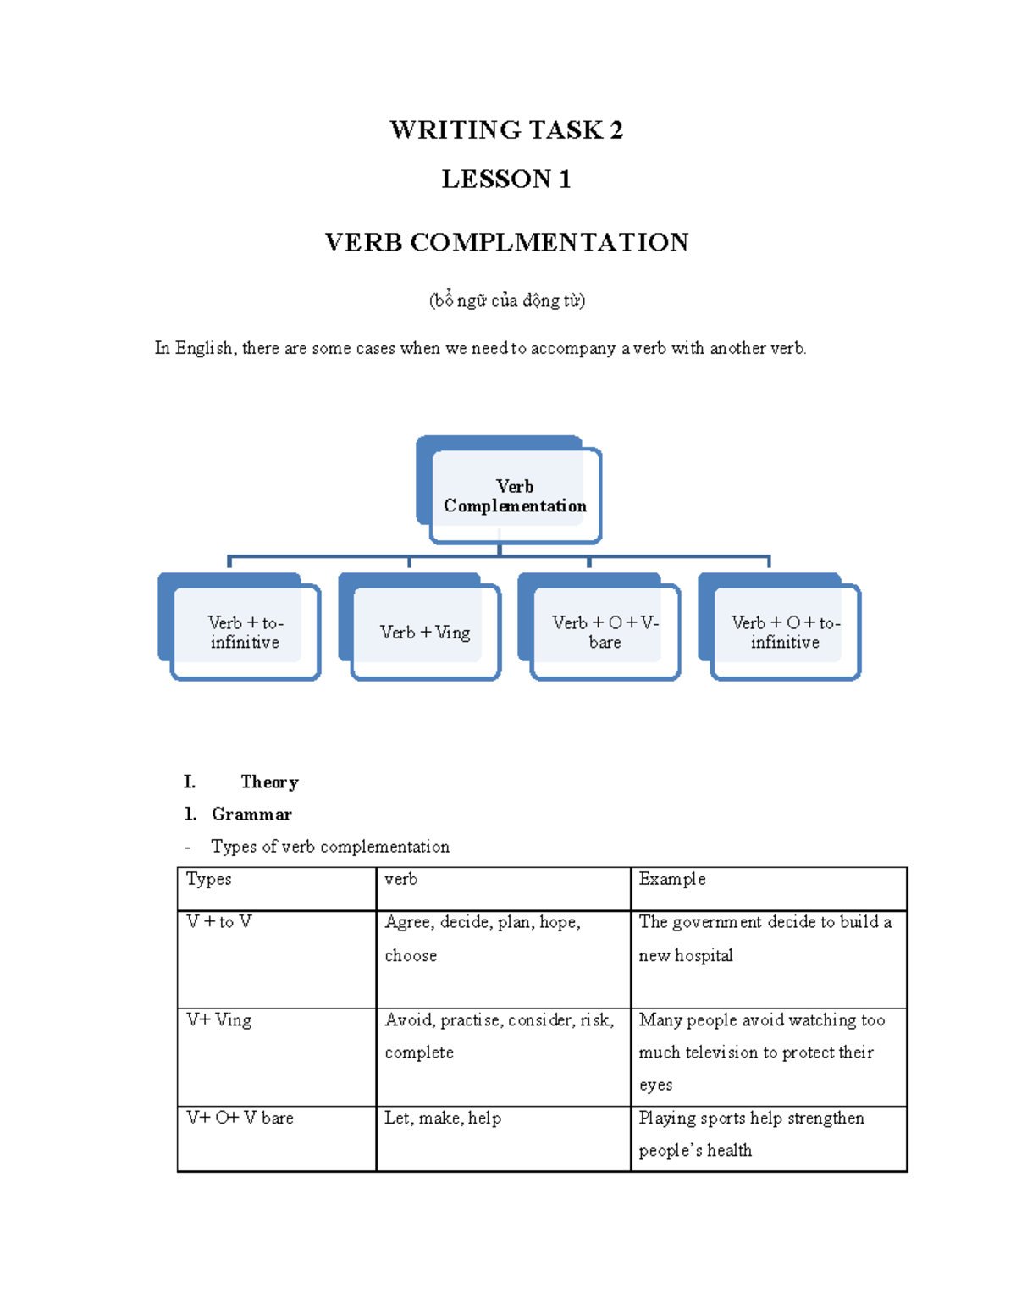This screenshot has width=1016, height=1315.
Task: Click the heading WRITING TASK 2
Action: pyautogui.click(x=506, y=130)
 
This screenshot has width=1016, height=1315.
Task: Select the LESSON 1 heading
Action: pyautogui.click(x=506, y=180)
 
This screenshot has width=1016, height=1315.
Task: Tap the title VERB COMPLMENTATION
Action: pyautogui.click(x=506, y=243)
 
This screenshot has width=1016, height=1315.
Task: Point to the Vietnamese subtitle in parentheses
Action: pyautogui.click(x=506, y=301)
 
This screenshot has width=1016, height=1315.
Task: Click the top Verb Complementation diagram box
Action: pyautogui.click(x=515, y=496)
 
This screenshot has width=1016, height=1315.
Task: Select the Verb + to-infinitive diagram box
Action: pyautogui.click(x=245, y=633)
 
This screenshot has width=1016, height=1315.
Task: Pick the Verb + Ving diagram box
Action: pyautogui.click(x=425, y=633)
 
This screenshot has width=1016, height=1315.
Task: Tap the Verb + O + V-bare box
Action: pyautogui.click(x=605, y=633)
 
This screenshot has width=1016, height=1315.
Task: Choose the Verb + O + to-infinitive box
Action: pyautogui.click(x=785, y=633)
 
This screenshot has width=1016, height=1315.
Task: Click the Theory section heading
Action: pyautogui.click(x=269, y=782)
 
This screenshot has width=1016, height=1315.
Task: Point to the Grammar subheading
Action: pyautogui.click(x=251, y=815)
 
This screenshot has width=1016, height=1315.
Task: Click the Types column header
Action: pyautogui.click(x=209, y=880)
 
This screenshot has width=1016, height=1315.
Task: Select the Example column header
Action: pyautogui.click(x=672, y=880)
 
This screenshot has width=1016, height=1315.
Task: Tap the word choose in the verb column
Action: pyautogui.click(x=411, y=956)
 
